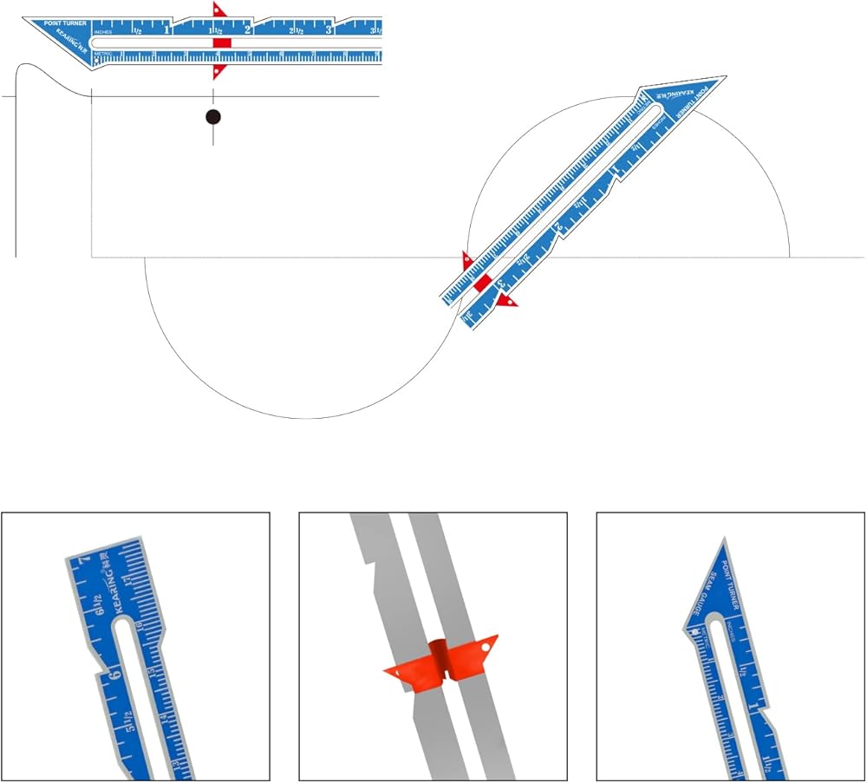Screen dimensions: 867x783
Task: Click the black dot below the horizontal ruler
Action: point(213,117)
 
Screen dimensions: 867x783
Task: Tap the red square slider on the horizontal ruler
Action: point(222,42)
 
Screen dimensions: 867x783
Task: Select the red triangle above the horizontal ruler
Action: point(218,11)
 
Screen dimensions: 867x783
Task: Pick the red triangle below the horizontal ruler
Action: point(218,71)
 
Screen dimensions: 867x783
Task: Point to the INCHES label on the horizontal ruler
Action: point(102,32)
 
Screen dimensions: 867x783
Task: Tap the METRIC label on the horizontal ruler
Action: point(102,54)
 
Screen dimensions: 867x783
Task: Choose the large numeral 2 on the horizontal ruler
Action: point(248,29)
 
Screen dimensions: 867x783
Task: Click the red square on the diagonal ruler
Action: point(483,281)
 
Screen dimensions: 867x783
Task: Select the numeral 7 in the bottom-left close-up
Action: point(84,561)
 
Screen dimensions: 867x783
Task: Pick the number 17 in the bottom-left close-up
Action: point(127,578)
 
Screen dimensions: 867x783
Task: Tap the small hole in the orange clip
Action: point(487,644)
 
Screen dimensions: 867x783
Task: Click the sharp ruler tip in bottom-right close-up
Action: point(723,538)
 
